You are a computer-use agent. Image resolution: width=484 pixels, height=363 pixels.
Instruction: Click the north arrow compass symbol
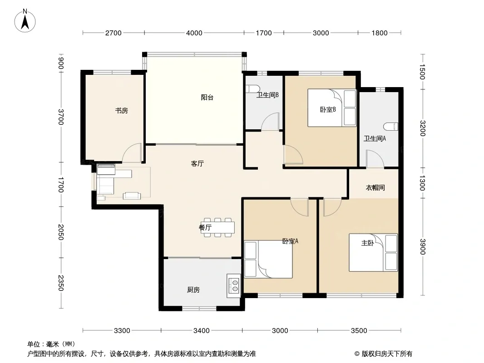point(25,20)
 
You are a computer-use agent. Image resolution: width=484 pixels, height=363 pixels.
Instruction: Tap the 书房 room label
point(121,110)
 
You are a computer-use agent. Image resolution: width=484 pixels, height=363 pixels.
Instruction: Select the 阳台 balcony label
point(207,98)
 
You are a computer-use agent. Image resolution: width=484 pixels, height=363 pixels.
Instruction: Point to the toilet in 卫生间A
point(391,127)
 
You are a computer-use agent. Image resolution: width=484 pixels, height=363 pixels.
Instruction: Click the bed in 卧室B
point(332,108)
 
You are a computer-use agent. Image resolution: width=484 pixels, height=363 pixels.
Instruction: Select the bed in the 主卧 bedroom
point(373,253)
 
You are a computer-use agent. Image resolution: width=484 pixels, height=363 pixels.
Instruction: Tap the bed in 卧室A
point(268,260)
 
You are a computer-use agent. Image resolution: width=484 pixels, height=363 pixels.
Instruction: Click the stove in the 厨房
point(234,286)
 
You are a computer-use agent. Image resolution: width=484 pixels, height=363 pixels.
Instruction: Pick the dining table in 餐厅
point(217,228)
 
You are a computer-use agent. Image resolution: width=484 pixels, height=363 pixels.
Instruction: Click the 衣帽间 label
point(375,187)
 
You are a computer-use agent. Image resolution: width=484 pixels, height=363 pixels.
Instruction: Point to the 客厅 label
point(197,163)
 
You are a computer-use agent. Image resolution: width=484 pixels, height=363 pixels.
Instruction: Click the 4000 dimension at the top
point(194,33)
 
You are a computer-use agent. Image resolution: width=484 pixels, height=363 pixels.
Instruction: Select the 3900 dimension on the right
point(423,247)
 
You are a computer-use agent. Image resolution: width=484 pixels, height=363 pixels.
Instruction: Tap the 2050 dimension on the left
point(61,232)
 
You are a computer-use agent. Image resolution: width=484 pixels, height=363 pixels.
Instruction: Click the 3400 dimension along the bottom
point(201,331)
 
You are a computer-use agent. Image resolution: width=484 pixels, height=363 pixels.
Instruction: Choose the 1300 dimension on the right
point(423,183)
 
